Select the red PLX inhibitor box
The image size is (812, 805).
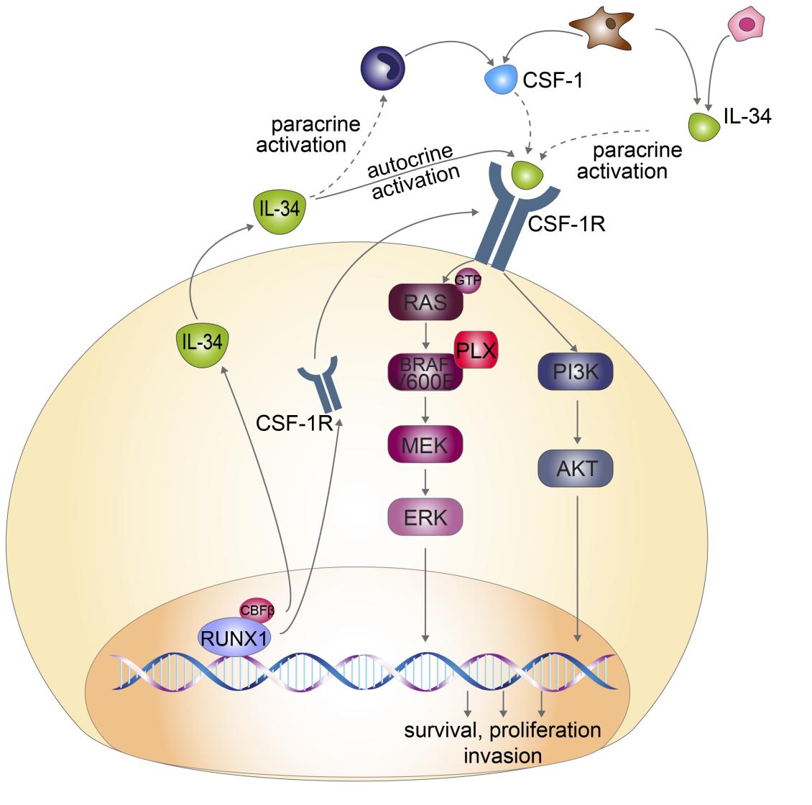476,351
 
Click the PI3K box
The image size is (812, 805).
576,371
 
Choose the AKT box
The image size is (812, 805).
576,469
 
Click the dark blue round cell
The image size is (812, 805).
382,68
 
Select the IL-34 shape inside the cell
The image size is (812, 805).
199,344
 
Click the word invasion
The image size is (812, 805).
502,755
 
